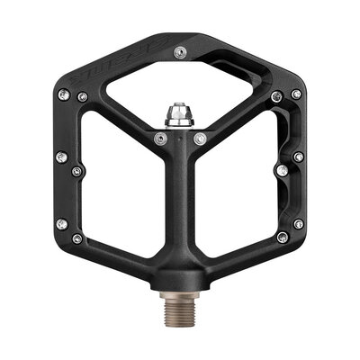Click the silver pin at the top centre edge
(x=180, y=54)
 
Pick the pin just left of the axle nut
(x=160, y=138)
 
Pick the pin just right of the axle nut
(x=200, y=138)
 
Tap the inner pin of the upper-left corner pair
(x=83, y=96)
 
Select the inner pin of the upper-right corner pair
(x=277, y=96)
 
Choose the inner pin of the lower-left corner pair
(x=77, y=238)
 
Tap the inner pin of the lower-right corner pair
(x=283, y=238)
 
